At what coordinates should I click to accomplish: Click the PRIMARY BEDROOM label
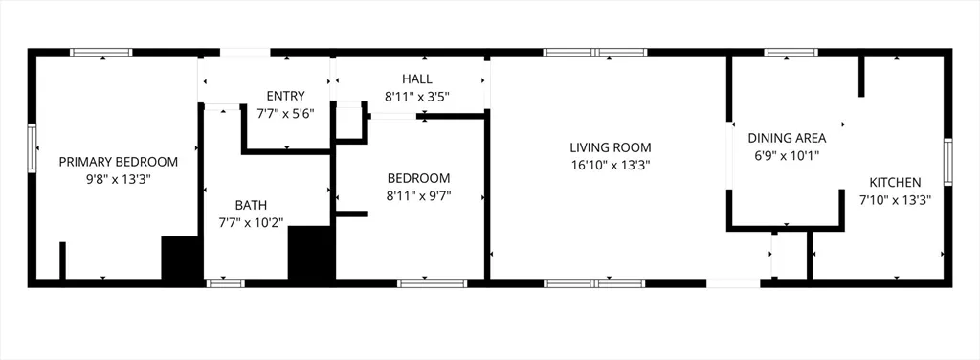pos(119,161)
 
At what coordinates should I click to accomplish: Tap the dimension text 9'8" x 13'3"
pos(119,178)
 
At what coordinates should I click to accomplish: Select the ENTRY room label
pos(285,96)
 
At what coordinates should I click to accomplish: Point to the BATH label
pos(251,205)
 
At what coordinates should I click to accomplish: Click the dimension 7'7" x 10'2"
pos(251,222)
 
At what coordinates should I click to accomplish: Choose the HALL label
pos(416,79)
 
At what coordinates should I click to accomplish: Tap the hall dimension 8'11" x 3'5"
pos(416,96)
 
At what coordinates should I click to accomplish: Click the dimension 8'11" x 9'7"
pos(418,195)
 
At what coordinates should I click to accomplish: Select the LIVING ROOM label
pos(610,147)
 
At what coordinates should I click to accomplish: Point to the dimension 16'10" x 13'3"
pos(610,165)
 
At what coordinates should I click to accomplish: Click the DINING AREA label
pos(787,138)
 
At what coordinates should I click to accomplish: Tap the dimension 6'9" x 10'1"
pos(787,155)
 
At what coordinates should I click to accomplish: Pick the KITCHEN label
pos(895,182)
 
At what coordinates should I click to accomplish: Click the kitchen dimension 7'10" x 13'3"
pos(895,199)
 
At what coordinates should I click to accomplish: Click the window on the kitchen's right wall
pos(947,162)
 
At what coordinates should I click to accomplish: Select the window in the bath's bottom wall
pos(226,282)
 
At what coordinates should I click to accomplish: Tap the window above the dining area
pos(791,53)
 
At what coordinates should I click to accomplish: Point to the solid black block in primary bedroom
pos(179,258)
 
